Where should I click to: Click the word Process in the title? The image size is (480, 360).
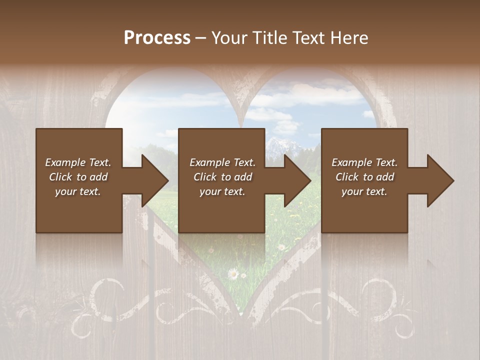(157, 38)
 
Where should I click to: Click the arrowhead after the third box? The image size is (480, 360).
(439, 180)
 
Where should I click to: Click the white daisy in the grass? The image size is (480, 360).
(232, 273)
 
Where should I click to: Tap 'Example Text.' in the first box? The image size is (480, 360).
(78, 162)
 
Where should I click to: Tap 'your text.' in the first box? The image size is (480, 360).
(78, 191)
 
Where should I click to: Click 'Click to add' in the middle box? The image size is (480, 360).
(222, 177)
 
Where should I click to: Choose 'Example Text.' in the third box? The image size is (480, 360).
(364, 162)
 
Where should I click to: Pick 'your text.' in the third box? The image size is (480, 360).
(364, 191)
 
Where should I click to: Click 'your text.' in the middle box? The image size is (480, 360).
(222, 191)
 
